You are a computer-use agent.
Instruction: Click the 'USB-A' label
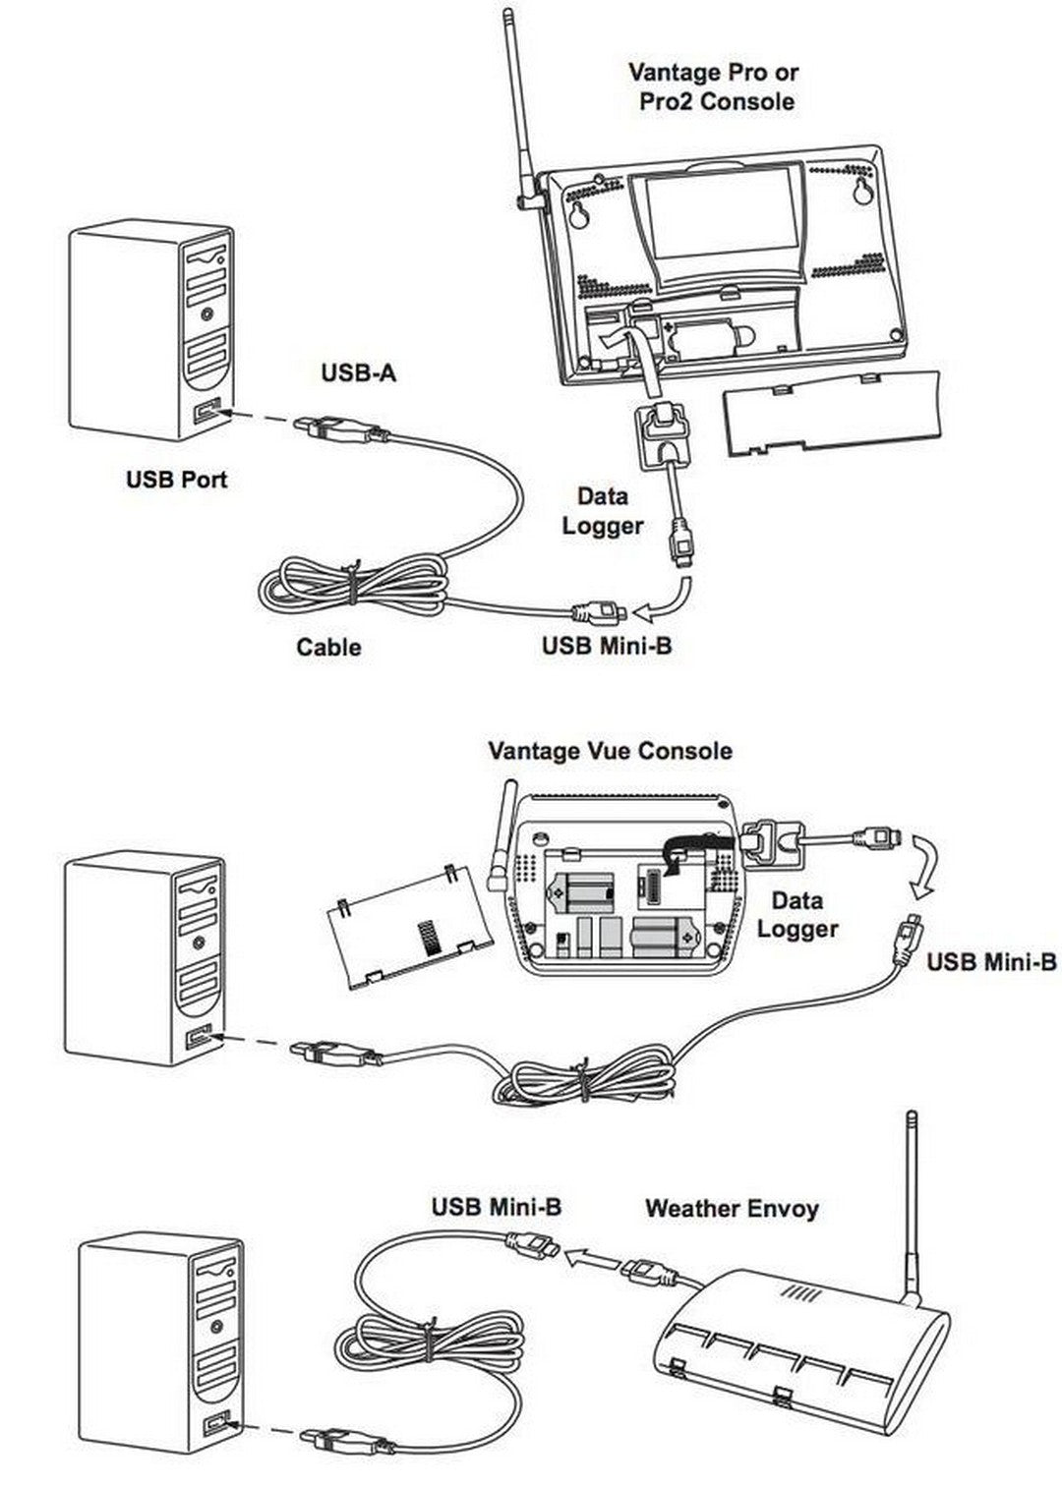click(x=359, y=373)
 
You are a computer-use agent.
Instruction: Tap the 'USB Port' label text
click(x=176, y=480)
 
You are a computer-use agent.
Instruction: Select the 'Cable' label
click(x=328, y=647)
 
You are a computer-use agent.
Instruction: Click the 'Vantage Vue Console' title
click(x=610, y=751)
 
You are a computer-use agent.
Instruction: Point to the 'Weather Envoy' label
click(x=732, y=1208)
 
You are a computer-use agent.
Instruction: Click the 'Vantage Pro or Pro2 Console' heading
click(x=714, y=86)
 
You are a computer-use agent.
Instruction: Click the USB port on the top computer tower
click(x=206, y=412)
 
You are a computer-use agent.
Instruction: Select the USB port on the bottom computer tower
click(x=215, y=1423)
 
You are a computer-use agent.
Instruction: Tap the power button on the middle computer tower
click(x=200, y=941)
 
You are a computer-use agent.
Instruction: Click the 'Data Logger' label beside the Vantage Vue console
click(x=796, y=914)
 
